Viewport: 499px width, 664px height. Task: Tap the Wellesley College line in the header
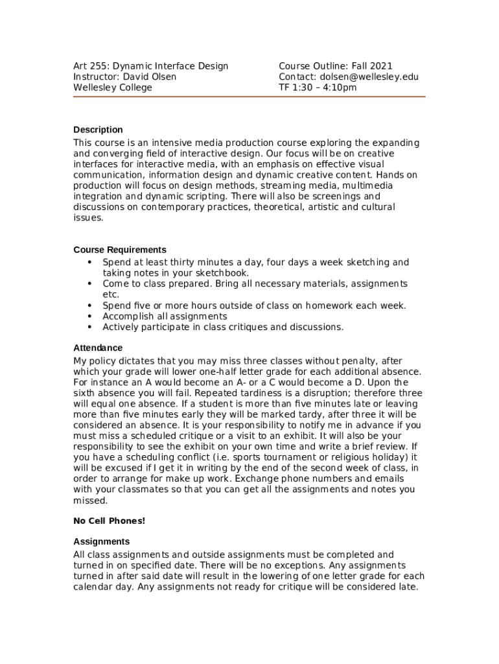coord(113,88)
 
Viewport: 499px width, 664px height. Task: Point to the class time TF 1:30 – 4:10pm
coord(318,88)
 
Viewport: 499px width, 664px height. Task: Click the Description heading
coord(98,130)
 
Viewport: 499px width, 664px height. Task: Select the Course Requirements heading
coord(120,250)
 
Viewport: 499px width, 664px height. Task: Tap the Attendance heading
coord(98,348)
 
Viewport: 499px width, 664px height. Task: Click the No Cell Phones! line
coord(109,521)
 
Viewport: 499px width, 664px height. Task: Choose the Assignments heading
coord(102,541)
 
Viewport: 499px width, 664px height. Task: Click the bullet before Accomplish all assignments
coord(89,316)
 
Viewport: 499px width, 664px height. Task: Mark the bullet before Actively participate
coord(89,327)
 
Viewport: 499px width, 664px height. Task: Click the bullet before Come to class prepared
coord(89,284)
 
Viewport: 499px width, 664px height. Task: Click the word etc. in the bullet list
coord(111,294)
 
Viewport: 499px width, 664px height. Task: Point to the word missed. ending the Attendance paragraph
coord(91,501)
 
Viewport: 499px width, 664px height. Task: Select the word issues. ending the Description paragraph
coord(88,218)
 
